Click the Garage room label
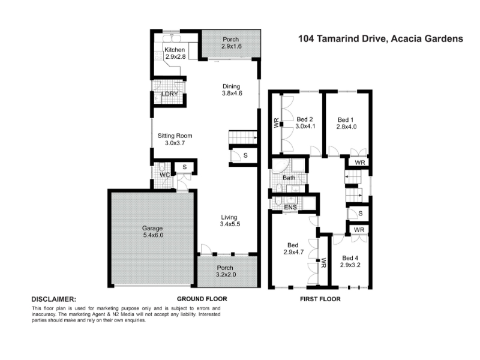[152, 232]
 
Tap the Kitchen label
[175, 53]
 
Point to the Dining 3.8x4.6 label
[232, 89]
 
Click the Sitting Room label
[175, 140]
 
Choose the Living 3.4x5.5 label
[230, 220]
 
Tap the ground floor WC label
[164, 175]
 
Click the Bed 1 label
[347, 122]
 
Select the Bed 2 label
[306, 122]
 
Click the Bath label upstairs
[289, 178]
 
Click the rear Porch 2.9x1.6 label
[230, 42]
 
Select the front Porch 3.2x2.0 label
[228, 271]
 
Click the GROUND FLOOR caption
[202, 299]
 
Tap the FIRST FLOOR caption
[320, 299]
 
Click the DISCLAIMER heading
[53, 299]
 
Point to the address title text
[380, 38]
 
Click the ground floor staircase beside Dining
[243, 139]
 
